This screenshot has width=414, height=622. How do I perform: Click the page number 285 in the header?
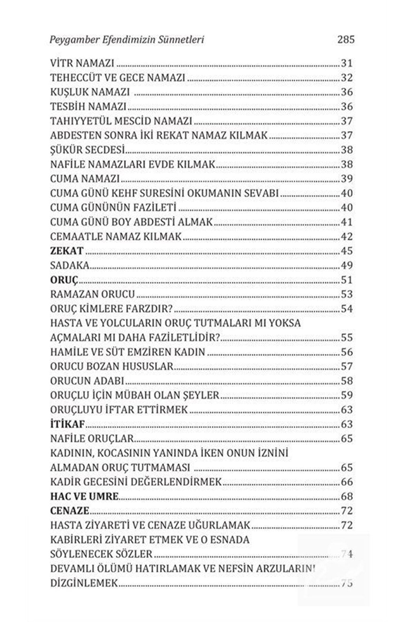[346, 40]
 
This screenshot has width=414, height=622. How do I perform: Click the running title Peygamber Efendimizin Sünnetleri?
[127, 40]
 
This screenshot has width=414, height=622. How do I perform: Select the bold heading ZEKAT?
[67, 251]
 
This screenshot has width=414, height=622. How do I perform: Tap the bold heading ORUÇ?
[64, 280]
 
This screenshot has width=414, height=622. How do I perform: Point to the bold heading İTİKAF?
[68, 424]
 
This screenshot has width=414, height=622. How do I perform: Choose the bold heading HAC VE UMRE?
[84, 496]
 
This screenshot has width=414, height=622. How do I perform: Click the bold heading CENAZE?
[70, 511]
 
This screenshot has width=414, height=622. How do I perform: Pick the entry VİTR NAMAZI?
[82, 63]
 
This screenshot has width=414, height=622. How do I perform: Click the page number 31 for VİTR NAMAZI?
[346, 63]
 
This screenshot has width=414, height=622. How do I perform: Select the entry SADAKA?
[70, 266]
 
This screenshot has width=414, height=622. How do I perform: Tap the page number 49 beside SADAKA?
[346, 266]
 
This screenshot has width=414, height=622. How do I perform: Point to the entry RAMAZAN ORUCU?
[93, 294]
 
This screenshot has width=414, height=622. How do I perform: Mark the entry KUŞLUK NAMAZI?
[90, 92]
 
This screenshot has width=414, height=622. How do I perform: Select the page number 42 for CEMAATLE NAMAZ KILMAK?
[346, 237]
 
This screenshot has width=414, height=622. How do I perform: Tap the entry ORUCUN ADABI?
[87, 381]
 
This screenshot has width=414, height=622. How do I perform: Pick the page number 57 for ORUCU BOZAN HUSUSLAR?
[346, 367]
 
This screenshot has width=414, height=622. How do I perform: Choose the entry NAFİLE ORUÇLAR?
[92, 439]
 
